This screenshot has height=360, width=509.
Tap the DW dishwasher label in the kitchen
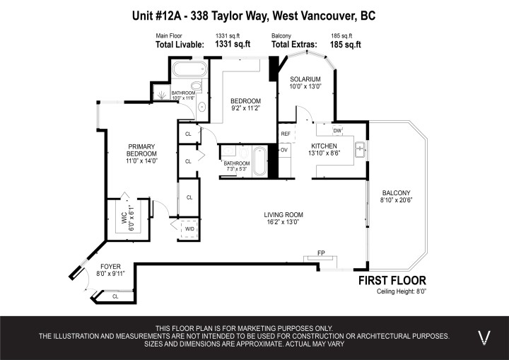pyautogui.click(x=337, y=131)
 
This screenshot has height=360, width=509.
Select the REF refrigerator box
pyautogui.click(x=286, y=134)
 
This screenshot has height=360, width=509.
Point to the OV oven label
pyautogui.click(x=284, y=150)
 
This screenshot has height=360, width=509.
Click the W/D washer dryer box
pyautogui.click(x=189, y=229)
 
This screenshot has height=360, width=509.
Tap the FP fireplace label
pyautogui.click(x=320, y=252)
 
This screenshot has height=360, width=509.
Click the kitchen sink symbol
pyautogui.click(x=359, y=149)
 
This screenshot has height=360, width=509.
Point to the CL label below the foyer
pyautogui.click(x=115, y=296)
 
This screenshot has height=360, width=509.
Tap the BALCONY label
pyautogui.click(x=396, y=193)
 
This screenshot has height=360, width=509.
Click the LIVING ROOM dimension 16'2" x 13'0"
pyautogui.click(x=283, y=222)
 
